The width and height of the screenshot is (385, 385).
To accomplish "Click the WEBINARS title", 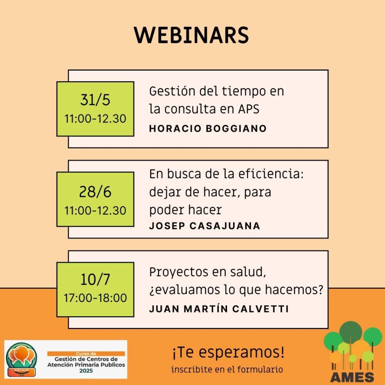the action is point(191,35).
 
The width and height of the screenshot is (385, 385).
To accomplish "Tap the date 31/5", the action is point(95,100).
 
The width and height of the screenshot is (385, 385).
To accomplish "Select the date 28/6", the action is point(95,192).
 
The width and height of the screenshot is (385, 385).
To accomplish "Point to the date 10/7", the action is point(95,279).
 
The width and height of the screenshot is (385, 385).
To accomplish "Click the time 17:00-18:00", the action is point(95,298).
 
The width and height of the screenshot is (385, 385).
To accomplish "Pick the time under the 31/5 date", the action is point(95,118).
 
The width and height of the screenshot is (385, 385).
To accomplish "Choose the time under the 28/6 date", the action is point(95,211).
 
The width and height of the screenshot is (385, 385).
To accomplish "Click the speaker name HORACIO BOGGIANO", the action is point(208,129).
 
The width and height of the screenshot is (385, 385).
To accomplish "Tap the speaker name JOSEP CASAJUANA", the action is point(205,226).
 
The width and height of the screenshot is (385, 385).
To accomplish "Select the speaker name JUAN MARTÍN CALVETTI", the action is point(219,309).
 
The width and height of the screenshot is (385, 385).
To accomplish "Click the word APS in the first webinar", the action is point(249,109).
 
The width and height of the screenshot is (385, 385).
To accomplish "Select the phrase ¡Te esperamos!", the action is point(228,352).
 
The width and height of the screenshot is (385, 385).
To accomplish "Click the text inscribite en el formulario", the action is point(227,369).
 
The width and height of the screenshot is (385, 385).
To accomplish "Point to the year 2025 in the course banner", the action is point(86,370).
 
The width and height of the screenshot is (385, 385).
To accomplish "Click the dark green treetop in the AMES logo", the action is point(350,332).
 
